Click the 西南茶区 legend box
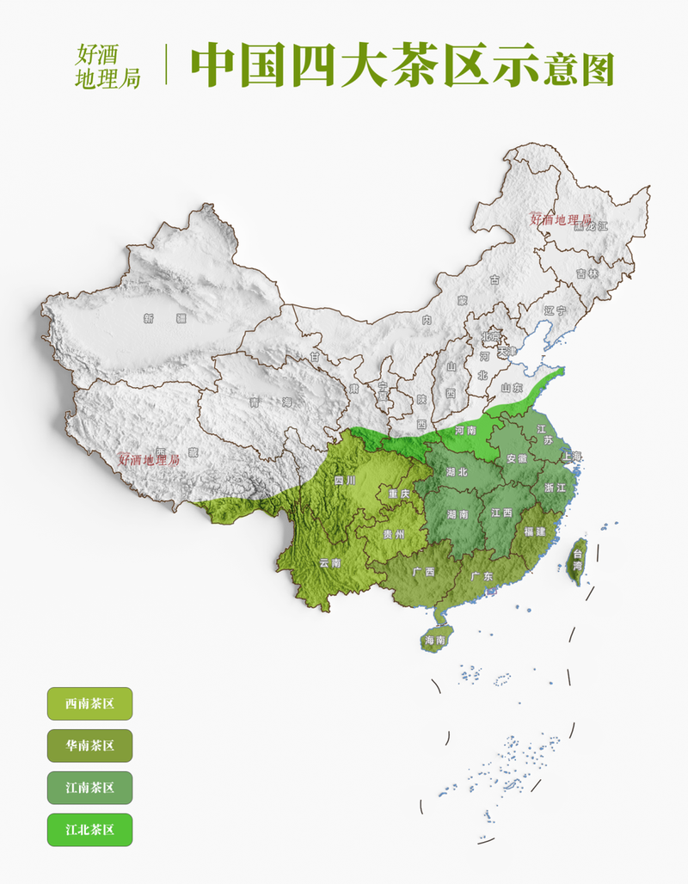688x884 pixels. coord(89,703)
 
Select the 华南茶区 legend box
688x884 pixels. coord(89,746)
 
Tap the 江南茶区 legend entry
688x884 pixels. coord(89,788)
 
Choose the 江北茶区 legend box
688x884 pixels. coord(89,830)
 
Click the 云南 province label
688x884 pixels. coord(330,563)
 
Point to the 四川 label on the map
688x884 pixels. coord(344,481)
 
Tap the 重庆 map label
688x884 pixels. coord(399,494)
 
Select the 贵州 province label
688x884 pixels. coord(394,534)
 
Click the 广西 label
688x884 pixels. coord(423,571)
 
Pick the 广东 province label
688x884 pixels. coord(482,576)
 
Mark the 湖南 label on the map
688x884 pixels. coord(458,514)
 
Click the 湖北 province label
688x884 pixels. coord(458,472)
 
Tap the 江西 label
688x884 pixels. coord(501,513)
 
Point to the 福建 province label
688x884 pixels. coord(535,531)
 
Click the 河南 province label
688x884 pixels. coord(465,430)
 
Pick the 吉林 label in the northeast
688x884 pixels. coord(587,273)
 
